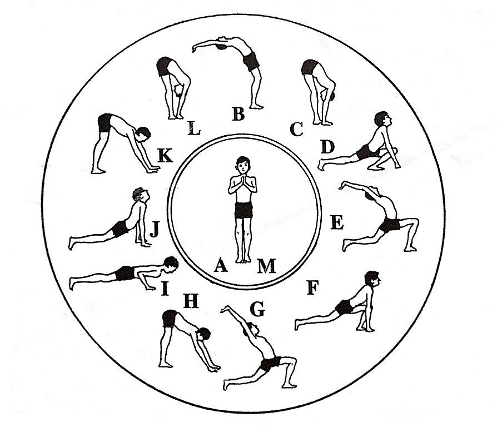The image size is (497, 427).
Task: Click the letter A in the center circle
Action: pos(221,265)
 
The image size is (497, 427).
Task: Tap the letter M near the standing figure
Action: pos(266,266)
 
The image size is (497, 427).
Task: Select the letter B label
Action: pos(238,114)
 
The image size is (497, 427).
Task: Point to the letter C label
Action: pos(296,129)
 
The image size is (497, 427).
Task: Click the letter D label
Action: pos(327,147)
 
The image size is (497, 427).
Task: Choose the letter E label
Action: pos(337,222)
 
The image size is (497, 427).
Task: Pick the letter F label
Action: pos(312,288)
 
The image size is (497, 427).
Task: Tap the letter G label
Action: pos(257,309)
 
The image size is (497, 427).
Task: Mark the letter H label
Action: pos(191,301)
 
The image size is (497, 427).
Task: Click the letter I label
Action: pos(165,289)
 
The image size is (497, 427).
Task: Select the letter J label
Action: pos(154,229)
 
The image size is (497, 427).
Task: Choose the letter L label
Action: pos(193,128)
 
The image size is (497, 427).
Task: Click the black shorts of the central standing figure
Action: pos(243,210)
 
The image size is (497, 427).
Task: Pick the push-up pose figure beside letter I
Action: pos(123,273)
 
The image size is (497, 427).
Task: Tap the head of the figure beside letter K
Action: pos(143,135)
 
